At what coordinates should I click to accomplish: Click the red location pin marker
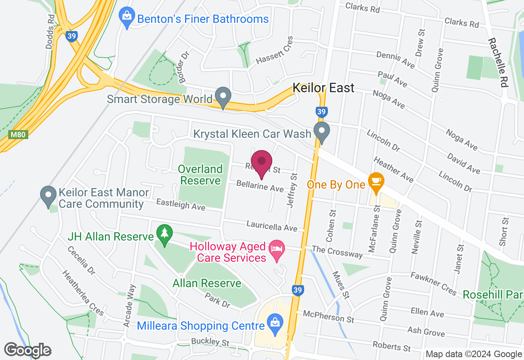(x=261, y=163)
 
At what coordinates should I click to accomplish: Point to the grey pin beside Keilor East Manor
(x=48, y=196)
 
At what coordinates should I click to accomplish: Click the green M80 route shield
(x=18, y=135)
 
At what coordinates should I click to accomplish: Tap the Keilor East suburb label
(x=323, y=88)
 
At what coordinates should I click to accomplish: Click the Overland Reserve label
(x=201, y=175)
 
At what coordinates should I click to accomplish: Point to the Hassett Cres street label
(x=275, y=51)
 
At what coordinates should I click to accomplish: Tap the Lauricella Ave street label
(x=272, y=225)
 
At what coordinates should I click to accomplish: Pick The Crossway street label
(x=337, y=252)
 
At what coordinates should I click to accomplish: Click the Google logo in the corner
(x=28, y=350)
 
